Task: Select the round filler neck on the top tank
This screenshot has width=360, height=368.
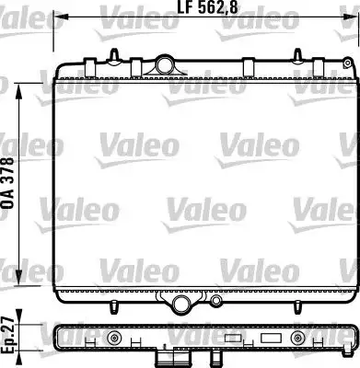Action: [166, 63]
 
